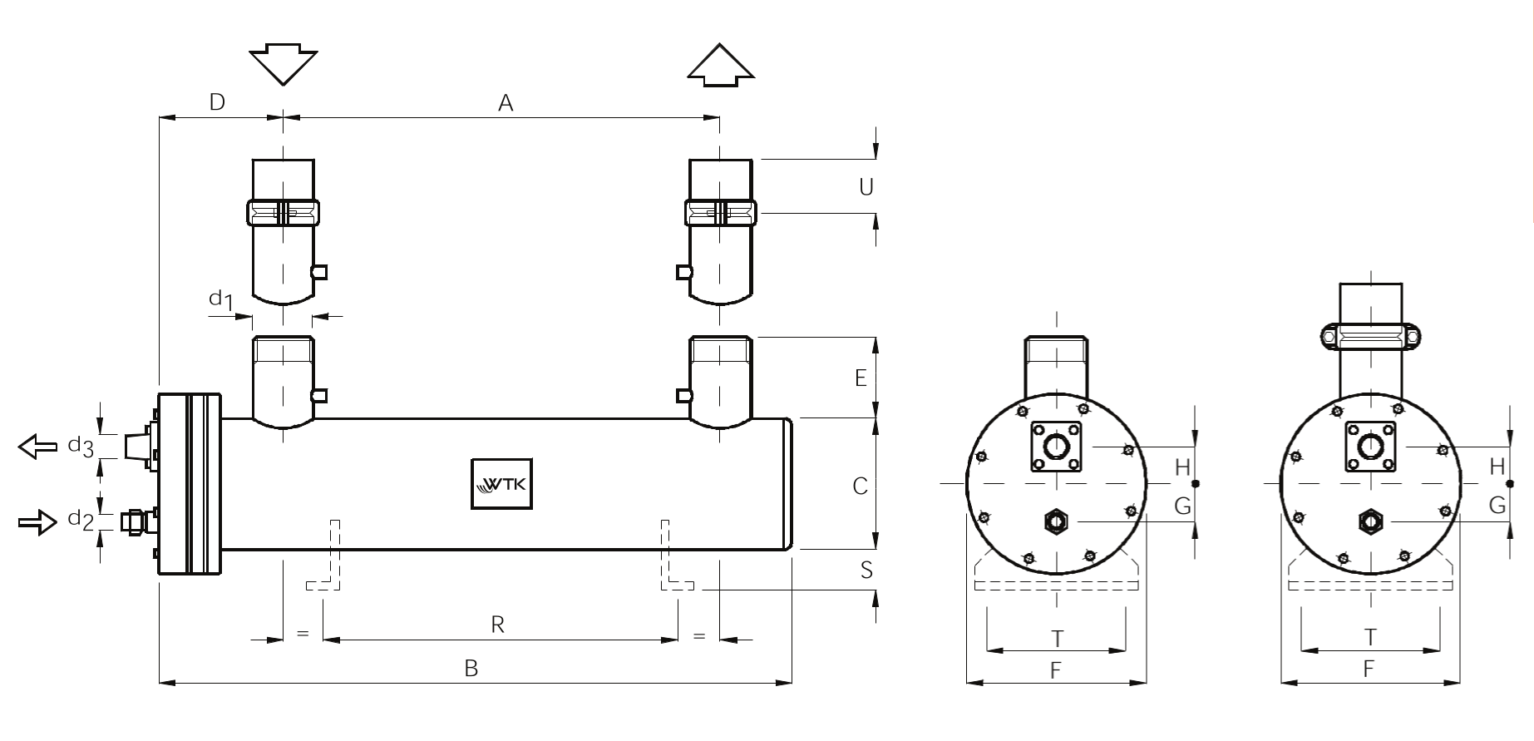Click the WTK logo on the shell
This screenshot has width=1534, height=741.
(501, 483)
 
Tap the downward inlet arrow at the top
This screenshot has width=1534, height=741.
(284, 67)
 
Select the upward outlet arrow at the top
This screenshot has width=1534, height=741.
(721, 65)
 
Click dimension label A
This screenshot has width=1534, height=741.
(506, 103)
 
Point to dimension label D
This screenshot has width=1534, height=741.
(217, 102)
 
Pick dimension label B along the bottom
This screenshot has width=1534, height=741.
(471, 668)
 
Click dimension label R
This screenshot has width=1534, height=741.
(498, 625)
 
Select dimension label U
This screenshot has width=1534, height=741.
(866, 187)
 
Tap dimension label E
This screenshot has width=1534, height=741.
(861, 378)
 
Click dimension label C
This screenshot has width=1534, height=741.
(861, 486)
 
